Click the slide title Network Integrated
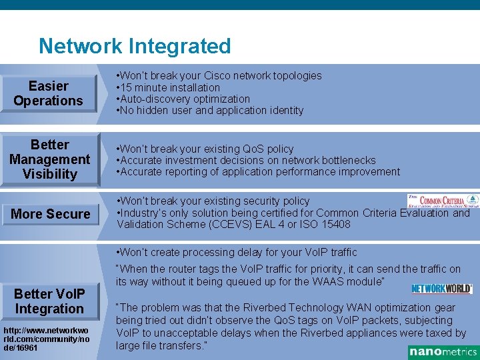click(135, 47)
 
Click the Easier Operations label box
click(49, 93)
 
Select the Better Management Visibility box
click(49, 159)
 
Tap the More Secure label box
click(50, 214)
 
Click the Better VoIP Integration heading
click(49, 301)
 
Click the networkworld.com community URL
click(45, 339)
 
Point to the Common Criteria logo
click(443, 201)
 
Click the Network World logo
click(441, 289)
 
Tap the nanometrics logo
click(443, 352)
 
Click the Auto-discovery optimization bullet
click(183, 99)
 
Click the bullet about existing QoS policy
click(205, 149)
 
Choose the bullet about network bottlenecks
click(247, 160)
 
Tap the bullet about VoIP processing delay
click(237, 252)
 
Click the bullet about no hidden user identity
click(210, 110)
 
